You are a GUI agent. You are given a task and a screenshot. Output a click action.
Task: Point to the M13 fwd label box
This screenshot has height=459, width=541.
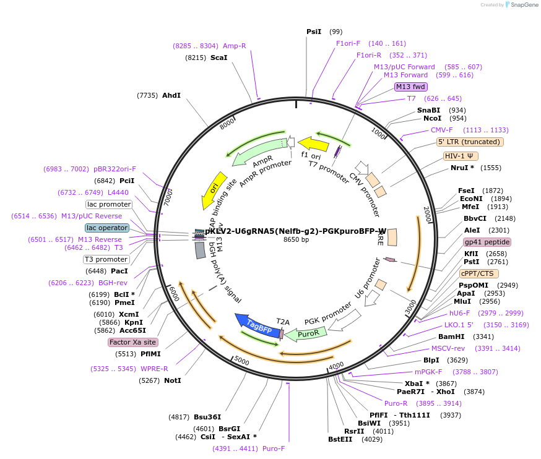pos(411,87)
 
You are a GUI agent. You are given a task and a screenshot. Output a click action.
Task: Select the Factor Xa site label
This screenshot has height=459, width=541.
pos(132,342)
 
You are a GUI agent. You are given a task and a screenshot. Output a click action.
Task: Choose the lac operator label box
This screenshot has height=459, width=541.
pos(108,228)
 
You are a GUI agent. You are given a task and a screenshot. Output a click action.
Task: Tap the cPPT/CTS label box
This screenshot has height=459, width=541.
pos(478,273)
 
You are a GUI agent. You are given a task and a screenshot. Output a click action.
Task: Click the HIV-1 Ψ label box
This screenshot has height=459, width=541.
pos(461,156)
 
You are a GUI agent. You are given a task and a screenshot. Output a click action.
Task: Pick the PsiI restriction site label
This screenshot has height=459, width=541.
pos(314,32)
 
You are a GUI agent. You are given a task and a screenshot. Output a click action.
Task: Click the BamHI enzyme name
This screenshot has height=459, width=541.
pos(451,337)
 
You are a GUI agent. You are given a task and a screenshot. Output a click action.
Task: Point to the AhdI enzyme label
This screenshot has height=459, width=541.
pos(171,95)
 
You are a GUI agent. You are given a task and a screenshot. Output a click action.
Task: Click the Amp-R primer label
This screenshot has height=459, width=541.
pos(235,46)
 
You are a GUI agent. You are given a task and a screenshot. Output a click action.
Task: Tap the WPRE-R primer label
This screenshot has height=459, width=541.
pos(154,369)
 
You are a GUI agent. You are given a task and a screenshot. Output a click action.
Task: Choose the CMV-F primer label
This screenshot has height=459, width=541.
pos(442,130)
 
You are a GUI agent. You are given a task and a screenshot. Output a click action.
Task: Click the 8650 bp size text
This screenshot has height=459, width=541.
pos(296,239)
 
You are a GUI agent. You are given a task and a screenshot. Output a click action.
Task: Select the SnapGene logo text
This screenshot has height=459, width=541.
pos(524,5)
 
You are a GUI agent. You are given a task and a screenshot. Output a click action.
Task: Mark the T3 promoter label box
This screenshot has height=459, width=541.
pos(106,259)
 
